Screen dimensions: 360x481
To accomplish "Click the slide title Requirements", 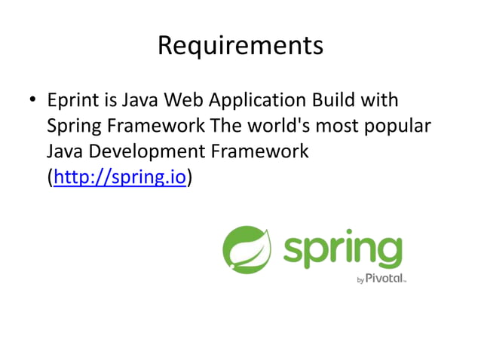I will [x=240, y=47].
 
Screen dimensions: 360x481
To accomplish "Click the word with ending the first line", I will [x=381, y=100].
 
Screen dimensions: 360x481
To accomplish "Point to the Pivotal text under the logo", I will [x=385, y=279].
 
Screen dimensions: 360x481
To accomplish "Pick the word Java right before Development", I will [x=65, y=151].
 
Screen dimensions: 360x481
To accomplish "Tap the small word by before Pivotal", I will [x=360, y=280].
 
